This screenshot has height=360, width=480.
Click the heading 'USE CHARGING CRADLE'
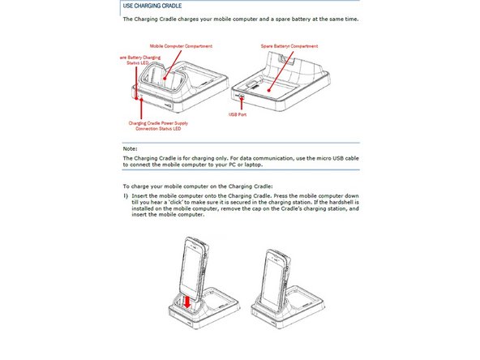153,6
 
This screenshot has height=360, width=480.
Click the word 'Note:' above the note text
130,148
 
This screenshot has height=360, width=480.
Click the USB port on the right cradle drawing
242,96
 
